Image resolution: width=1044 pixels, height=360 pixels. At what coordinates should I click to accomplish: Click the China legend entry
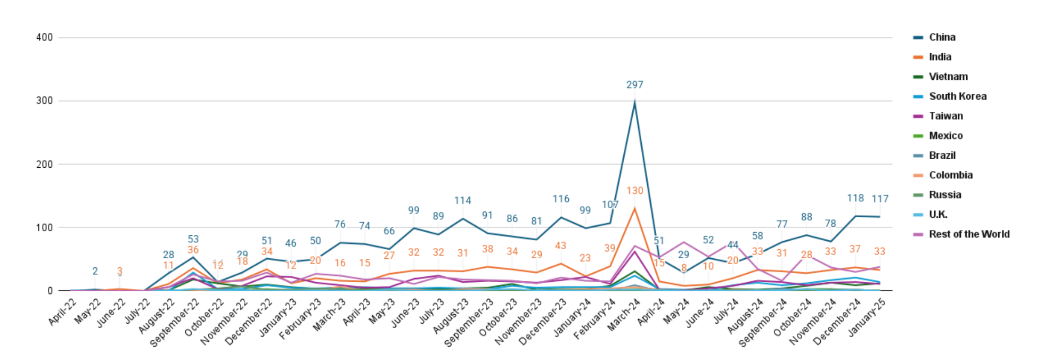942,37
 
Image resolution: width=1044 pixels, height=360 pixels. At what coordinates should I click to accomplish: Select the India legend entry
940,57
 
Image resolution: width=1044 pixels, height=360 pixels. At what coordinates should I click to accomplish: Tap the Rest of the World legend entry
969,234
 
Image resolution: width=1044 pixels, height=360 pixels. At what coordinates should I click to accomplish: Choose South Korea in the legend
957,96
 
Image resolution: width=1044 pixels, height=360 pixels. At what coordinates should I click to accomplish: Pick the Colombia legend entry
950,175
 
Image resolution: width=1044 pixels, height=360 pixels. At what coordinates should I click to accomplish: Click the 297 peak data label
634,85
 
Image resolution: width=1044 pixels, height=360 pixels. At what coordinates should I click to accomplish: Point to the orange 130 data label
634,191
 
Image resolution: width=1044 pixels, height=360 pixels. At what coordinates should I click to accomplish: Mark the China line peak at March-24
634,102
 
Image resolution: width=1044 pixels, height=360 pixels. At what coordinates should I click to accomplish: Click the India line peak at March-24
634,208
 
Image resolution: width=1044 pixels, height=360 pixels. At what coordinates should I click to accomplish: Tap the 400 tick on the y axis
44,37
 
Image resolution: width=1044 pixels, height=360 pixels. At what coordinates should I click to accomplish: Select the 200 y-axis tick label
44,164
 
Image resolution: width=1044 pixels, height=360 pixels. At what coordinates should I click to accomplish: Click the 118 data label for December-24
855,198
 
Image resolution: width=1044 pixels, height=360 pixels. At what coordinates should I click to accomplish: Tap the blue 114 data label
462,201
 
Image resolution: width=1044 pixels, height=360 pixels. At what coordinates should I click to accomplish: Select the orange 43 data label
560,246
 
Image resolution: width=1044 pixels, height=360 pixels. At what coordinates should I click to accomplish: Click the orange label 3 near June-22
120,272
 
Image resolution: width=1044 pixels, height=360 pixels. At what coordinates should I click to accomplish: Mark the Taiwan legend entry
945,116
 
